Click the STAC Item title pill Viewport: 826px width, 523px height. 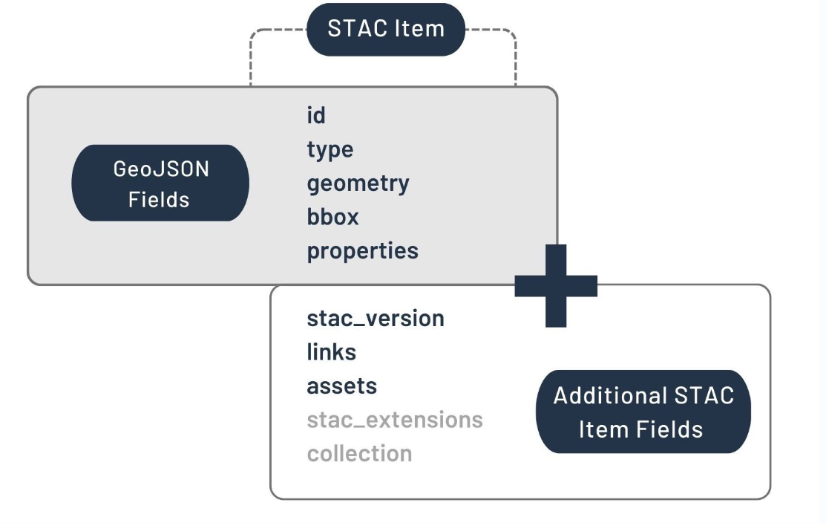pos(386,30)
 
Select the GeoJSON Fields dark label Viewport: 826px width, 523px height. pos(160,183)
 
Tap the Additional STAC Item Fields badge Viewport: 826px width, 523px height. pos(643,412)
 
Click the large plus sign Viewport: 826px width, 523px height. pos(556,286)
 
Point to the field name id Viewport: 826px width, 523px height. pos(316,115)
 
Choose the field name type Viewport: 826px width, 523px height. pos(330,150)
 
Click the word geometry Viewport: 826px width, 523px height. pos(358,184)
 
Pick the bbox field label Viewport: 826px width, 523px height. pos(333,217)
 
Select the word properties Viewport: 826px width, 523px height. pos(363,251)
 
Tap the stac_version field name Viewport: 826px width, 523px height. pos(376,319)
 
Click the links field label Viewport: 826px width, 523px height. pos(331,351)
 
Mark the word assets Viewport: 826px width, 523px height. pos(342,386)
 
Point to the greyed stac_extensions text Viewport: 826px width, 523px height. pos(395,420)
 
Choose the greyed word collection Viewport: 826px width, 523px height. pos(360,453)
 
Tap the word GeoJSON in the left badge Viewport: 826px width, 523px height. pos(161,169)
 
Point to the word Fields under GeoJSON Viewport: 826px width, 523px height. pos(159,200)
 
